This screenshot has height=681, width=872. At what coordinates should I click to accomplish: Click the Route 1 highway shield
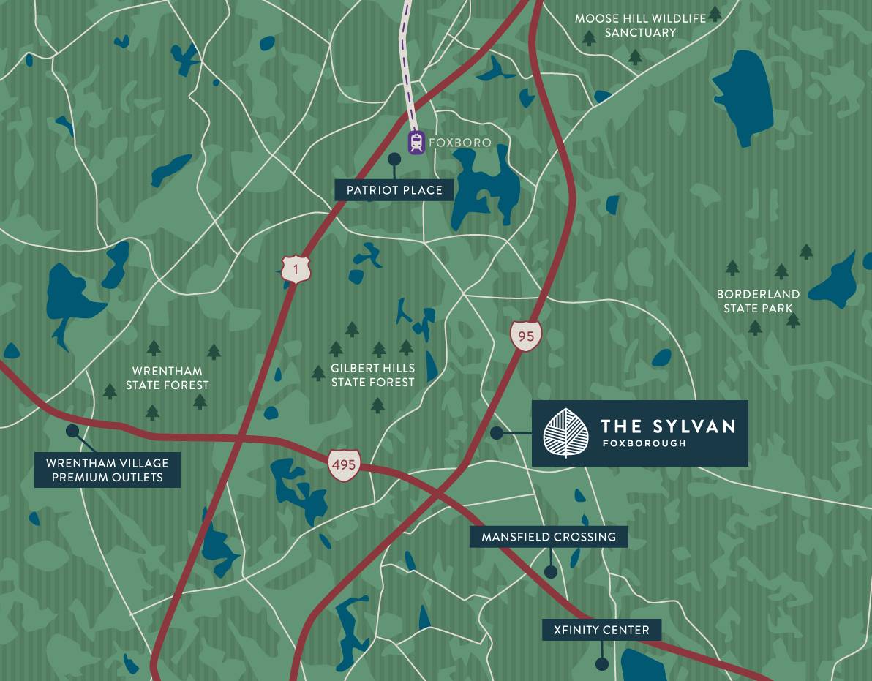pyautogui.click(x=296, y=268)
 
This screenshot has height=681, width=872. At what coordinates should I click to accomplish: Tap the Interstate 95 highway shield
pyautogui.click(x=526, y=335)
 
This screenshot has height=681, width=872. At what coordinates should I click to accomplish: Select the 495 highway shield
pyautogui.click(x=344, y=464)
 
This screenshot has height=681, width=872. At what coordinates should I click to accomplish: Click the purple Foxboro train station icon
pyautogui.click(x=416, y=143)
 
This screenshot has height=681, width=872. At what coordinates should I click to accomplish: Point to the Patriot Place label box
pyautogui.click(x=394, y=190)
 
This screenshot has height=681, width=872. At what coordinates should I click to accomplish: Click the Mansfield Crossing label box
pyautogui.click(x=549, y=537)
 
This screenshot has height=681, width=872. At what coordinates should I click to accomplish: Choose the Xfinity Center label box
pyautogui.click(x=601, y=630)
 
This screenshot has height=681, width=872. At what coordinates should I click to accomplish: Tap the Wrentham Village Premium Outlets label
pyautogui.click(x=108, y=470)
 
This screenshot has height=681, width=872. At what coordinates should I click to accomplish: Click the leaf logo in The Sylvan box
pyautogui.click(x=566, y=433)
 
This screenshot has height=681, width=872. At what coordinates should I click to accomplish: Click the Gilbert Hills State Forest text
pyautogui.click(x=372, y=375)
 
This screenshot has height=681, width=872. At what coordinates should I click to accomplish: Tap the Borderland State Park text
pyautogui.click(x=758, y=301)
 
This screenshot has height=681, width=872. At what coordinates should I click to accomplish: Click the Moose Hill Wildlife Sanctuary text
pyautogui.click(x=640, y=26)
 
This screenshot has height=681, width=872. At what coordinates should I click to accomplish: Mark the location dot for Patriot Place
pyautogui.click(x=394, y=159)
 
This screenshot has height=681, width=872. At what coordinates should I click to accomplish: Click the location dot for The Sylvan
pyautogui.click(x=497, y=433)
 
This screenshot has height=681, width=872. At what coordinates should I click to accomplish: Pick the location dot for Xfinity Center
pyautogui.click(x=601, y=664)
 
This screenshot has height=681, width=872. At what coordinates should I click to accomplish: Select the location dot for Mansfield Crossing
pyautogui.click(x=551, y=572)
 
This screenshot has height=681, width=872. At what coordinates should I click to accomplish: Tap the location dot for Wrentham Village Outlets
pyautogui.click(x=72, y=431)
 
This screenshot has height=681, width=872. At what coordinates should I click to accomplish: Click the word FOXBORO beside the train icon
pyautogui.click(x=460, y=143)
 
